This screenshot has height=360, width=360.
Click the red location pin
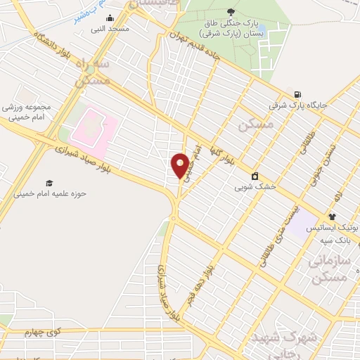tap(181, 165)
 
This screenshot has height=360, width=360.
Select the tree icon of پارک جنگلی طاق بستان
tap(231, 11)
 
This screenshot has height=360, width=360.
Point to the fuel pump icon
tap(298, 95)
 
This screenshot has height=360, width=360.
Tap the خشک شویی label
tap(254, 188)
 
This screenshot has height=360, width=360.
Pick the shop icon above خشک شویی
tap(254, 176)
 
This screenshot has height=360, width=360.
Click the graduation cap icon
tap(49, 183)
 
